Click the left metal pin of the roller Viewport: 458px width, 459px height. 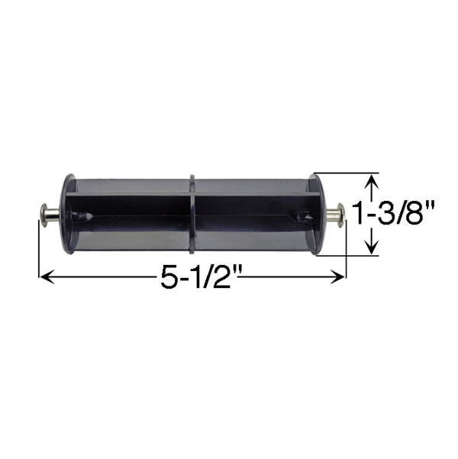coord(49,213)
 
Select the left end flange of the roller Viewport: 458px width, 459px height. coord(68,214)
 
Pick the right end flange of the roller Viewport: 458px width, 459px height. coord(315,214)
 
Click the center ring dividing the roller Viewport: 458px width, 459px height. coord(192,214)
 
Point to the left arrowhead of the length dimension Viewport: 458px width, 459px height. coord(44,278)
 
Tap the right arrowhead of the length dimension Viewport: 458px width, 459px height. coord(340,278)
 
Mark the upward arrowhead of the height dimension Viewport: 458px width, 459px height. coord(371,180)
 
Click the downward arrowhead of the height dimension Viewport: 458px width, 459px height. coord(371,248)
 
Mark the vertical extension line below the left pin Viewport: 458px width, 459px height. coord(38,252)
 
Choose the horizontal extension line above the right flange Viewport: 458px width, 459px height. coord(347,173)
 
